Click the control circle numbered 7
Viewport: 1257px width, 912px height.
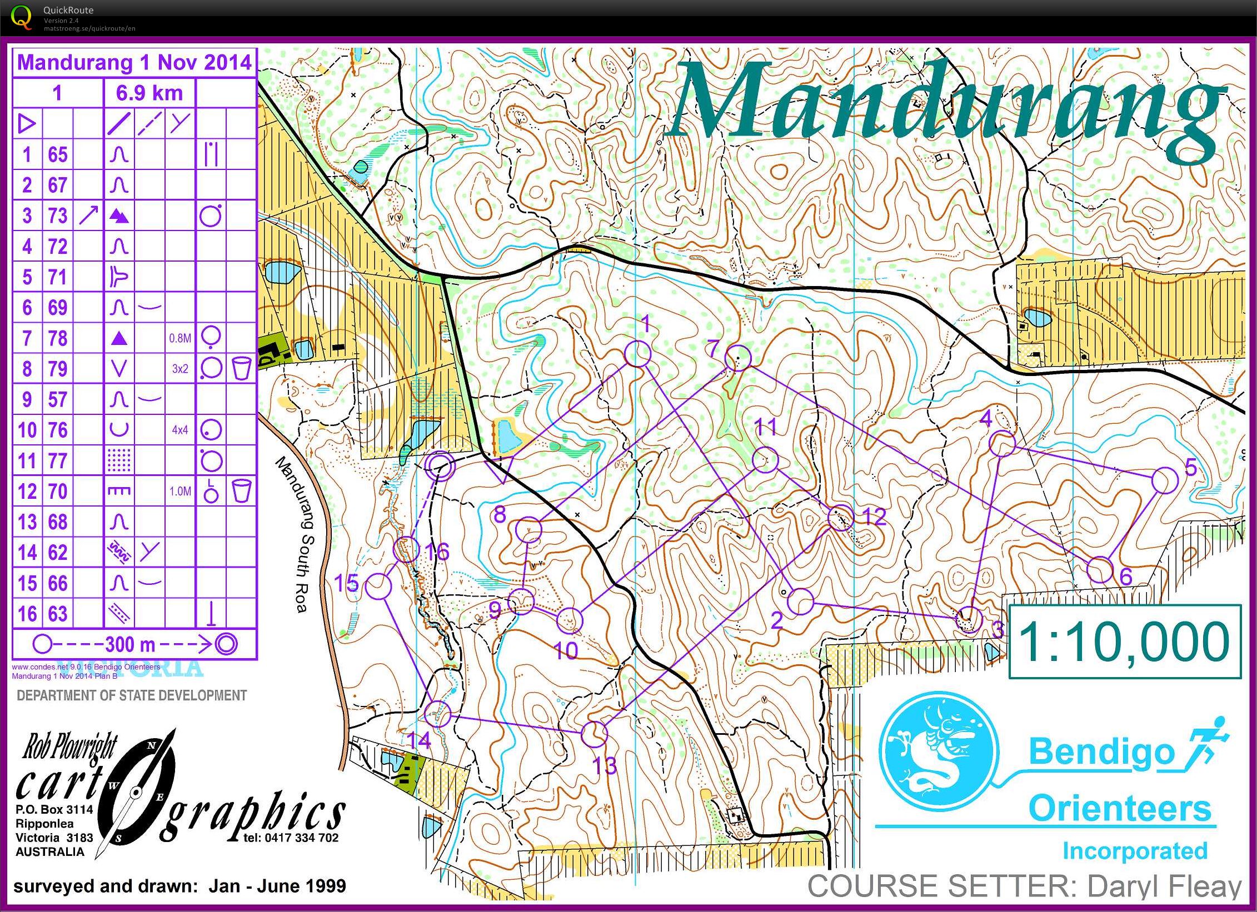click(738, 358)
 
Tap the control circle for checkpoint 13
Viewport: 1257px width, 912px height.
click(595, 734)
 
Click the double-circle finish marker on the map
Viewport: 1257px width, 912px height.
click(439, 465)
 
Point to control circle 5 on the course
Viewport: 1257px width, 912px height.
click(1165, 480)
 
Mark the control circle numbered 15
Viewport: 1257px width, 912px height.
click(379, 586)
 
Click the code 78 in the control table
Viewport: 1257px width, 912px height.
click(58, 338)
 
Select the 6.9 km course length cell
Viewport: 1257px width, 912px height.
click(149, 93)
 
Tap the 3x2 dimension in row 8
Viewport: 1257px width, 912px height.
click(180, 369)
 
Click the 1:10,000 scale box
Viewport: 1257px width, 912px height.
click(1124, 642)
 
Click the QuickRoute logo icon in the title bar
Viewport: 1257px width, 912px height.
click(21, 17)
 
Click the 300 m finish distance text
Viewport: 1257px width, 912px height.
click(130, 644)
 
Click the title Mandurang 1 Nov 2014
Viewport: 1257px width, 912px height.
click(134, 62)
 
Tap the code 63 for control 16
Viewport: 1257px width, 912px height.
click(58, 614)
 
